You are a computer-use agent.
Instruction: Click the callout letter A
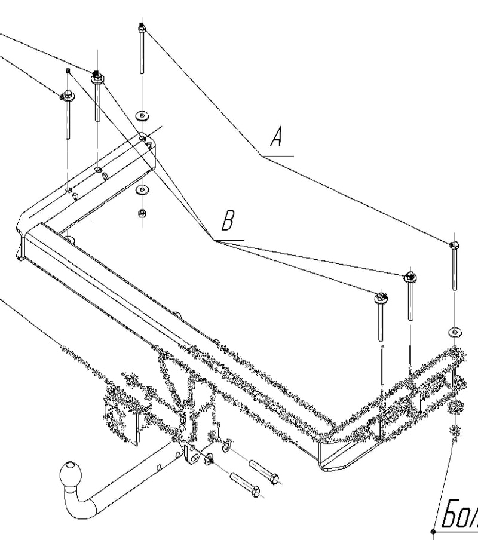[276, 138]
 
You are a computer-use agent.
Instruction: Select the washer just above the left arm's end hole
[142, 114]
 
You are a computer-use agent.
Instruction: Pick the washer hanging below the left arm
[142, 191]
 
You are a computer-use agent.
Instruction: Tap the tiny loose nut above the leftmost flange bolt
[68, 72]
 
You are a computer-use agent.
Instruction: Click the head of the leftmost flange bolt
[66, 96]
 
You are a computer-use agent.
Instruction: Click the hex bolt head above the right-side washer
[453, 245]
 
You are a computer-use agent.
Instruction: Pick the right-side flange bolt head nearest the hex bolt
[410, 277]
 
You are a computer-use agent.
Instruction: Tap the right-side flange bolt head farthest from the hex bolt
[380, 297]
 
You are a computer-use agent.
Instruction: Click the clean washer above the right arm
[454, 332]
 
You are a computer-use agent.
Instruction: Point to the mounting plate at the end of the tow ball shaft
[193, 453]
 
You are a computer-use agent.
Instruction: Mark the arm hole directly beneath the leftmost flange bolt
[69, 190]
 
